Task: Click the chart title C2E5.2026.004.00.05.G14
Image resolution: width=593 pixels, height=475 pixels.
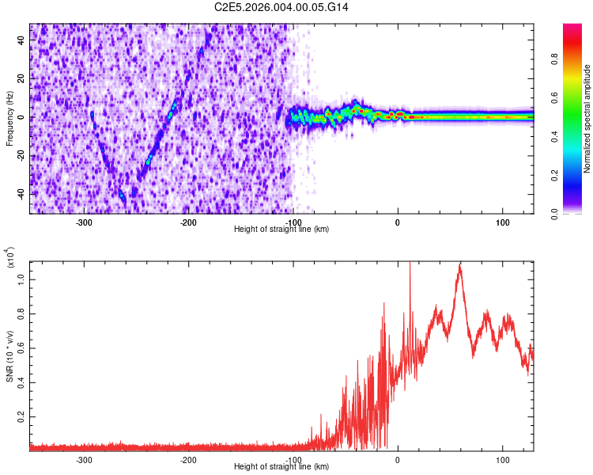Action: pyautogui.click(x=281, y=7)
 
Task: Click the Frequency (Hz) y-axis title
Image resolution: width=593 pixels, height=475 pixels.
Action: pyautogui.click(x=9, y=118)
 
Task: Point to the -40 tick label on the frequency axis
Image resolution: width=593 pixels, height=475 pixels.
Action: pyautogui.click(x=19, y=194)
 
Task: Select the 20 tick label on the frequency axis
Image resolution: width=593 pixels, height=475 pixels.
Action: pyautogui.click(x=21, y=79)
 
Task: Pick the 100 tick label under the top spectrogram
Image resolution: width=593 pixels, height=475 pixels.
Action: pyautogui.click(x=502, y=222)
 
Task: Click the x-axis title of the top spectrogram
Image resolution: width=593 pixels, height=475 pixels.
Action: pyautogui.click(x=281, y=230)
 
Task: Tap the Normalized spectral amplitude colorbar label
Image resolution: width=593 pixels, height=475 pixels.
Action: pyautogui.click(x=587, y=119)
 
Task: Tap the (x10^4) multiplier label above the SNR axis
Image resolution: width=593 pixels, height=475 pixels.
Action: pyautogui.click(x=10, y=258)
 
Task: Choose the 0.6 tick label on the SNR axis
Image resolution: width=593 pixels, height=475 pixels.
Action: pyautogui.click(x=20, y=347)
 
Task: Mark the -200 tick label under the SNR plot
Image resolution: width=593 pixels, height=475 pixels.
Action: pyautogui.click(x=188, y=460)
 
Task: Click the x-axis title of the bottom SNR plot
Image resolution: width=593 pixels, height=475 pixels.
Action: pyautogui.click(x=281, y=467)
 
